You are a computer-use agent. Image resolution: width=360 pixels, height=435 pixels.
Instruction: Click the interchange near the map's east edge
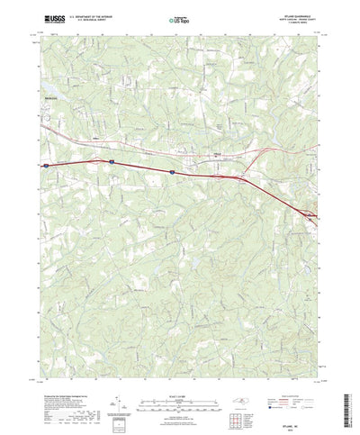(x=309, y=213)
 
